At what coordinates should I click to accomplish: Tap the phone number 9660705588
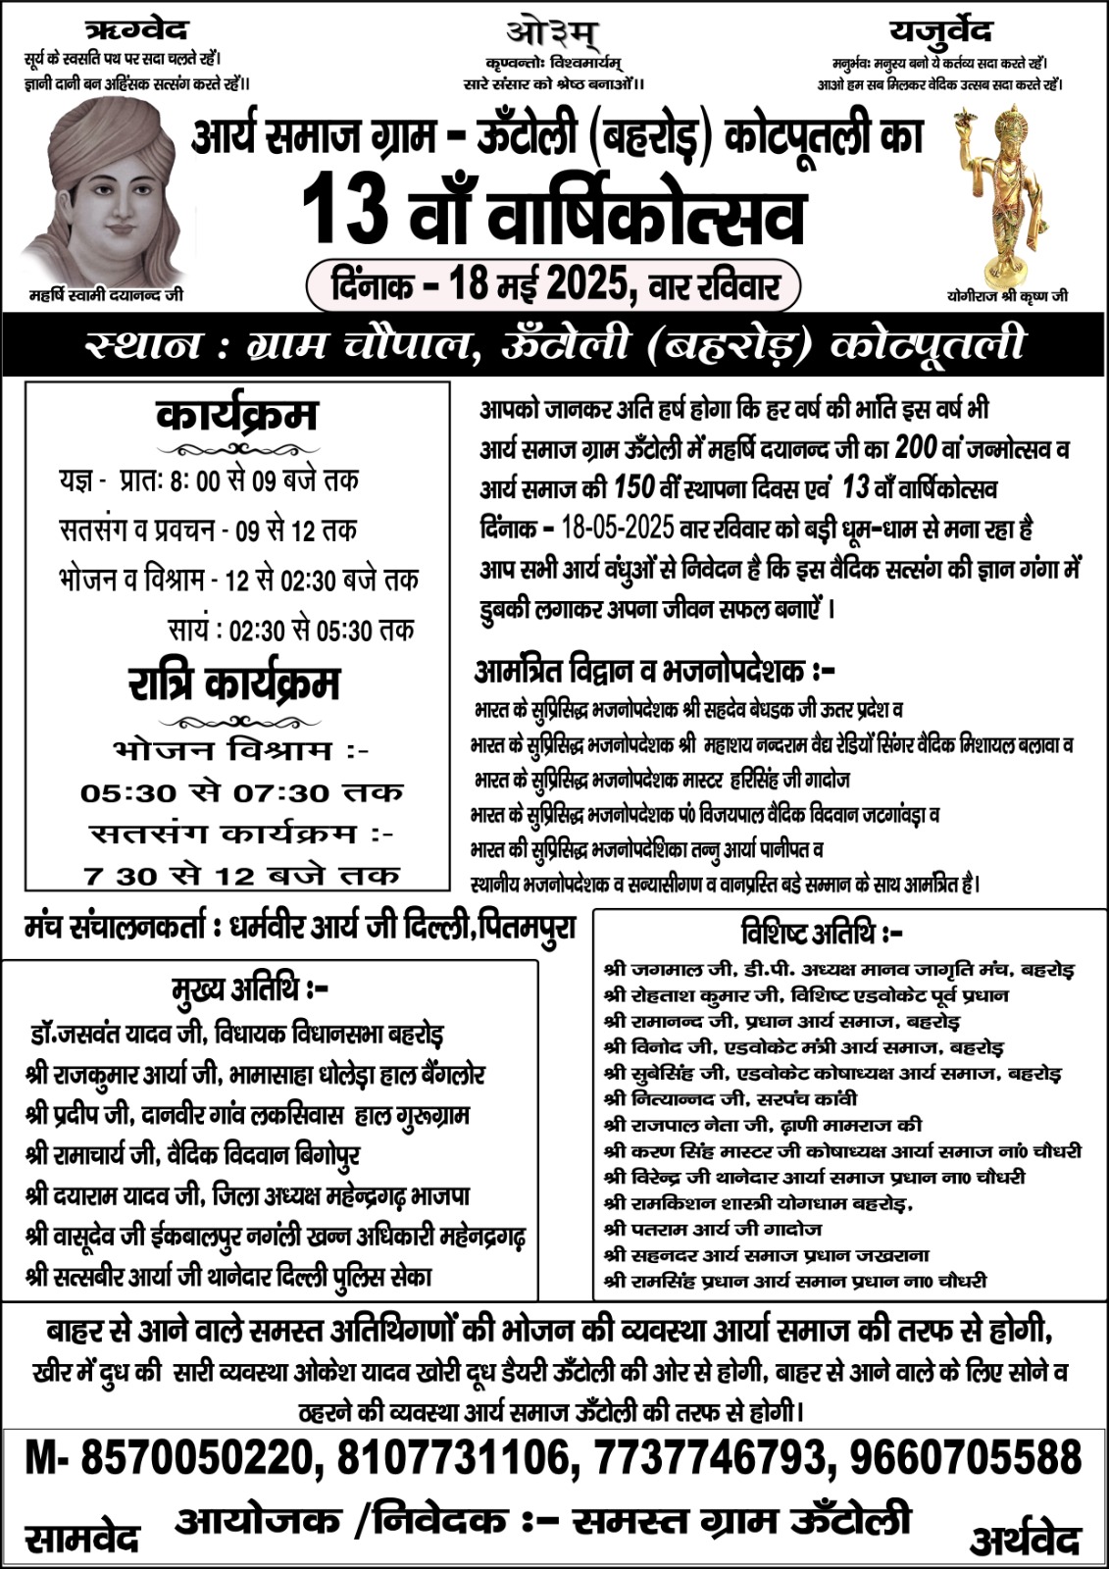tap(965, 1457)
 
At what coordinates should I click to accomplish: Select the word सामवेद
tap(82, 1538)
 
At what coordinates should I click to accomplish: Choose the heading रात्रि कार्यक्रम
tap(234, 683)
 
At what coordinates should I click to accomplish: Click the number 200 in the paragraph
tap(917, 447)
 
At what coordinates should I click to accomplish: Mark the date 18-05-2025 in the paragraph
tap(618, 529)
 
